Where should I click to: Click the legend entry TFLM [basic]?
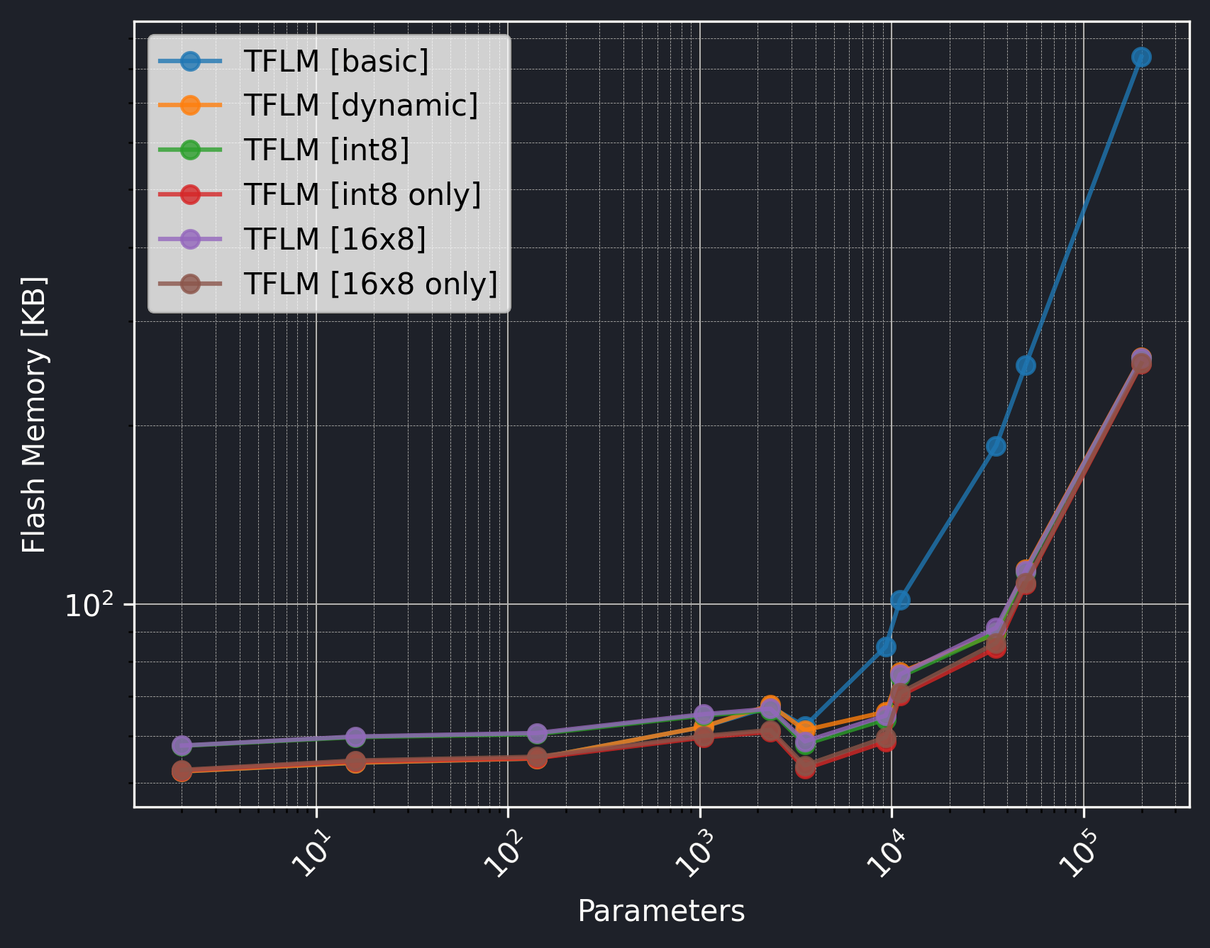[336, 62]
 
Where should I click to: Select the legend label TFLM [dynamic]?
[361, 106]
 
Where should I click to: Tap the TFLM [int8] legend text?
[327, 150]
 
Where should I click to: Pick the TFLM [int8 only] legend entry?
[362, 195]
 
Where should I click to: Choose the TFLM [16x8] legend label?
[335, 240]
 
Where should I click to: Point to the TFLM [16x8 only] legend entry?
[371, 284]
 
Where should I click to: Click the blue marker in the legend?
[190, 61]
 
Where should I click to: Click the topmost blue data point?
[1141, 57]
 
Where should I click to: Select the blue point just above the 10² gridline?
[900, 600]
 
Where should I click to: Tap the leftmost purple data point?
[182, 745]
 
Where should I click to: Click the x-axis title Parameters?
[661, 911]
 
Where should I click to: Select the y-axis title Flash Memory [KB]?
[34, 415]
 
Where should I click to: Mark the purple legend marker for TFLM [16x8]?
[190, 239]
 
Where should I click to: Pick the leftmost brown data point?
[182, 771]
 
